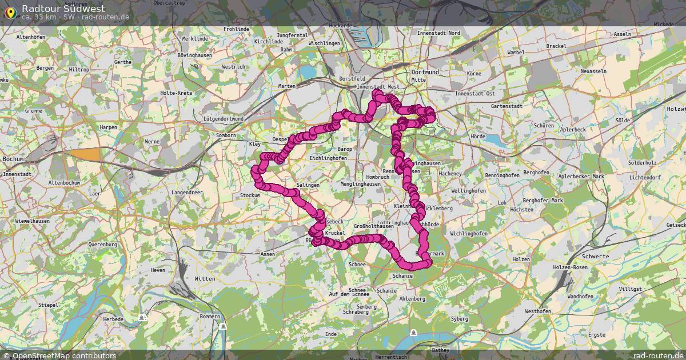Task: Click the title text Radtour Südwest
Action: (x=63, y=8)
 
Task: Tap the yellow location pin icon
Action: (x=10, y=12)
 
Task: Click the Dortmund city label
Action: (x=425, y=73)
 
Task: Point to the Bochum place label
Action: (x=11, y=159)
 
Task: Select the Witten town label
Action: (x=205, y=279)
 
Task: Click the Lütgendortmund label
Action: (x=223, y=119)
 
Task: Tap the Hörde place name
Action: (x=477, y=121)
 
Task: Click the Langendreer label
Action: (x=188, y=193)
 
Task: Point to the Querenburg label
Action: (x=103, y=245)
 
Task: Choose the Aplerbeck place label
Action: (x=573, y=130)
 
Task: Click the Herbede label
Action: (x=113, y=319)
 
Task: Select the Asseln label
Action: (x=622, y=34)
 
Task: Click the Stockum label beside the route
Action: (x=250, y=195)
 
